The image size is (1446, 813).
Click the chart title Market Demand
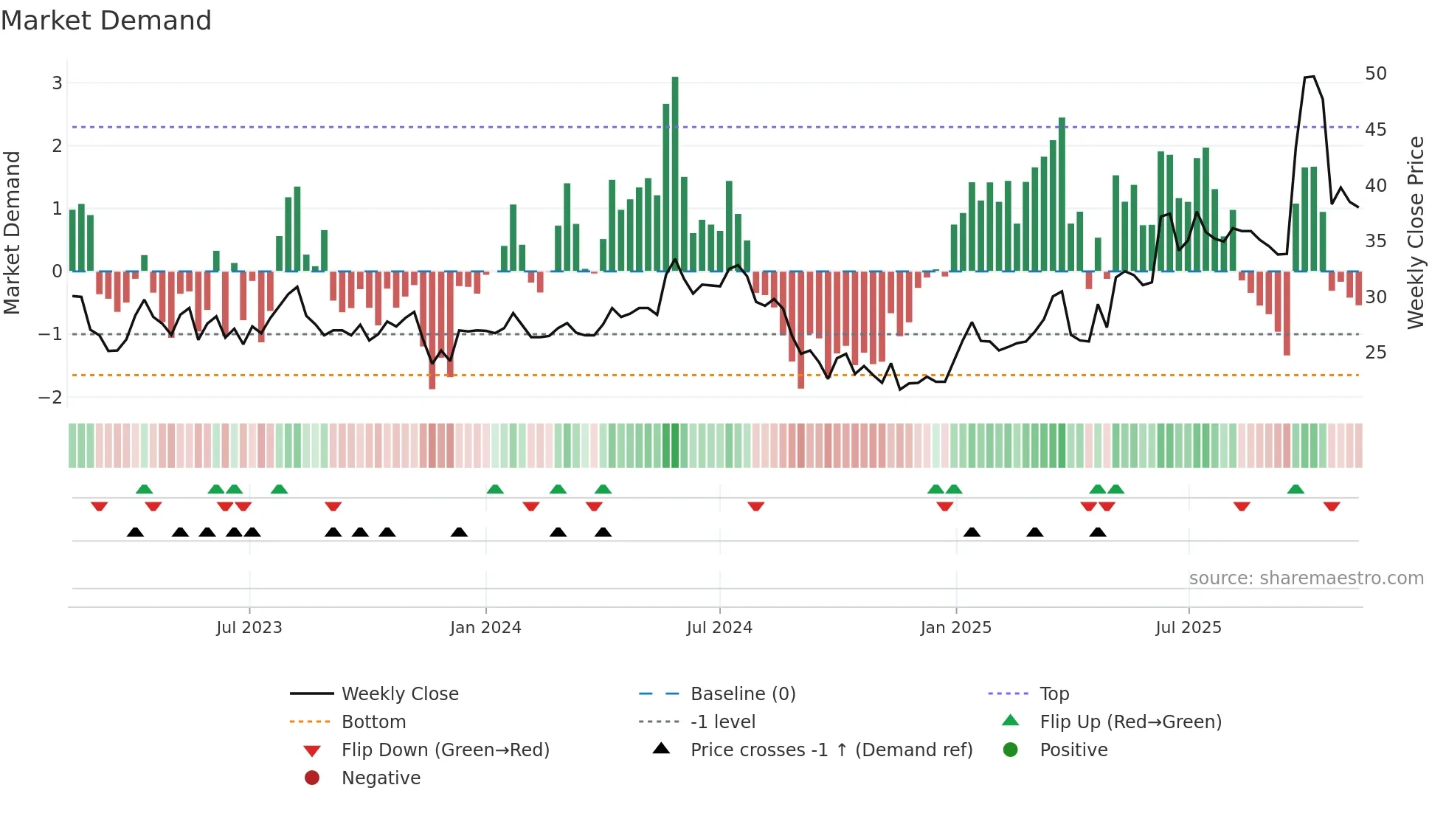pyautogui.click(x=106, y=21)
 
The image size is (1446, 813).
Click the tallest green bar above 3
pyautogui.click(x=675, y=173)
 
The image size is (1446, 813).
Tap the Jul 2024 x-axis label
pyautogui.click(x=719, y=628)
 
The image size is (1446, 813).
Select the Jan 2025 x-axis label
pyautogui.click(x=955, y=628)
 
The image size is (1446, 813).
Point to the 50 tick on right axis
pyautogui.click(x=1375, y=74)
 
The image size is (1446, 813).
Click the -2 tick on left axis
pyautogui.click(x=51, y=398)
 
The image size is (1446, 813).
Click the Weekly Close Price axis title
pyautogui.click(x=1415, y=232)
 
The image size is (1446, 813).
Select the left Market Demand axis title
pyautogui.click(x=12, y=232)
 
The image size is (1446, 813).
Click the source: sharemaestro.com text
pyautogui.click(x=1306, y=578)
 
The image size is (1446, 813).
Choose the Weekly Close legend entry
pyautogui.click(x=399, y=694)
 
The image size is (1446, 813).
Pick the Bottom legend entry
pyautogui.click(x=373, y=722)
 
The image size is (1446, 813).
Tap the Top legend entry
pyautogui.click(x=1054, y=694)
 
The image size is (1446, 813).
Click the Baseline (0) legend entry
pyautogui.click(x=742, y=694)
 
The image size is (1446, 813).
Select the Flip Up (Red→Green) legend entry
pyautogui.click(x=1130, y=722)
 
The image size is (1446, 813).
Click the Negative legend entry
pyautogui.click(x=381, y=778)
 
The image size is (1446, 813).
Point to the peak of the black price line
pyautogui.click(x=1312, y=77)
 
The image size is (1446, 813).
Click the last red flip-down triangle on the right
pyautogui.click(x=1332, y=506)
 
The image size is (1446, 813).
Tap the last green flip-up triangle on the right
pyautogui.click(x=1295, y=489)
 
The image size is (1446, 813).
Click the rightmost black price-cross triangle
pyautogui.click(x=1098, y=533)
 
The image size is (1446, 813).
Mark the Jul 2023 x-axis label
pyautogui.click(x=249, y=628)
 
